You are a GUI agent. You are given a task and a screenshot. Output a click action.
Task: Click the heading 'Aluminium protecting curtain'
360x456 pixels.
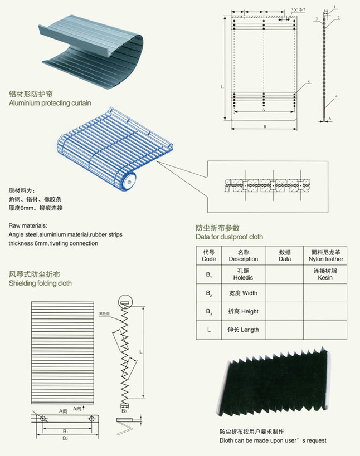50,103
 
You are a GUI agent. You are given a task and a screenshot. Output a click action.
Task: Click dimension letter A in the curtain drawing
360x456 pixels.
263,111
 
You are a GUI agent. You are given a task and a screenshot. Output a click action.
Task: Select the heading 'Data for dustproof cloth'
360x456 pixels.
229,237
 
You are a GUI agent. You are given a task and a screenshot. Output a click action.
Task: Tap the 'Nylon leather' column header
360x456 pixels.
325,256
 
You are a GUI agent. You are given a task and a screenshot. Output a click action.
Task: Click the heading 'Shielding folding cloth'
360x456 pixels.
40,283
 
